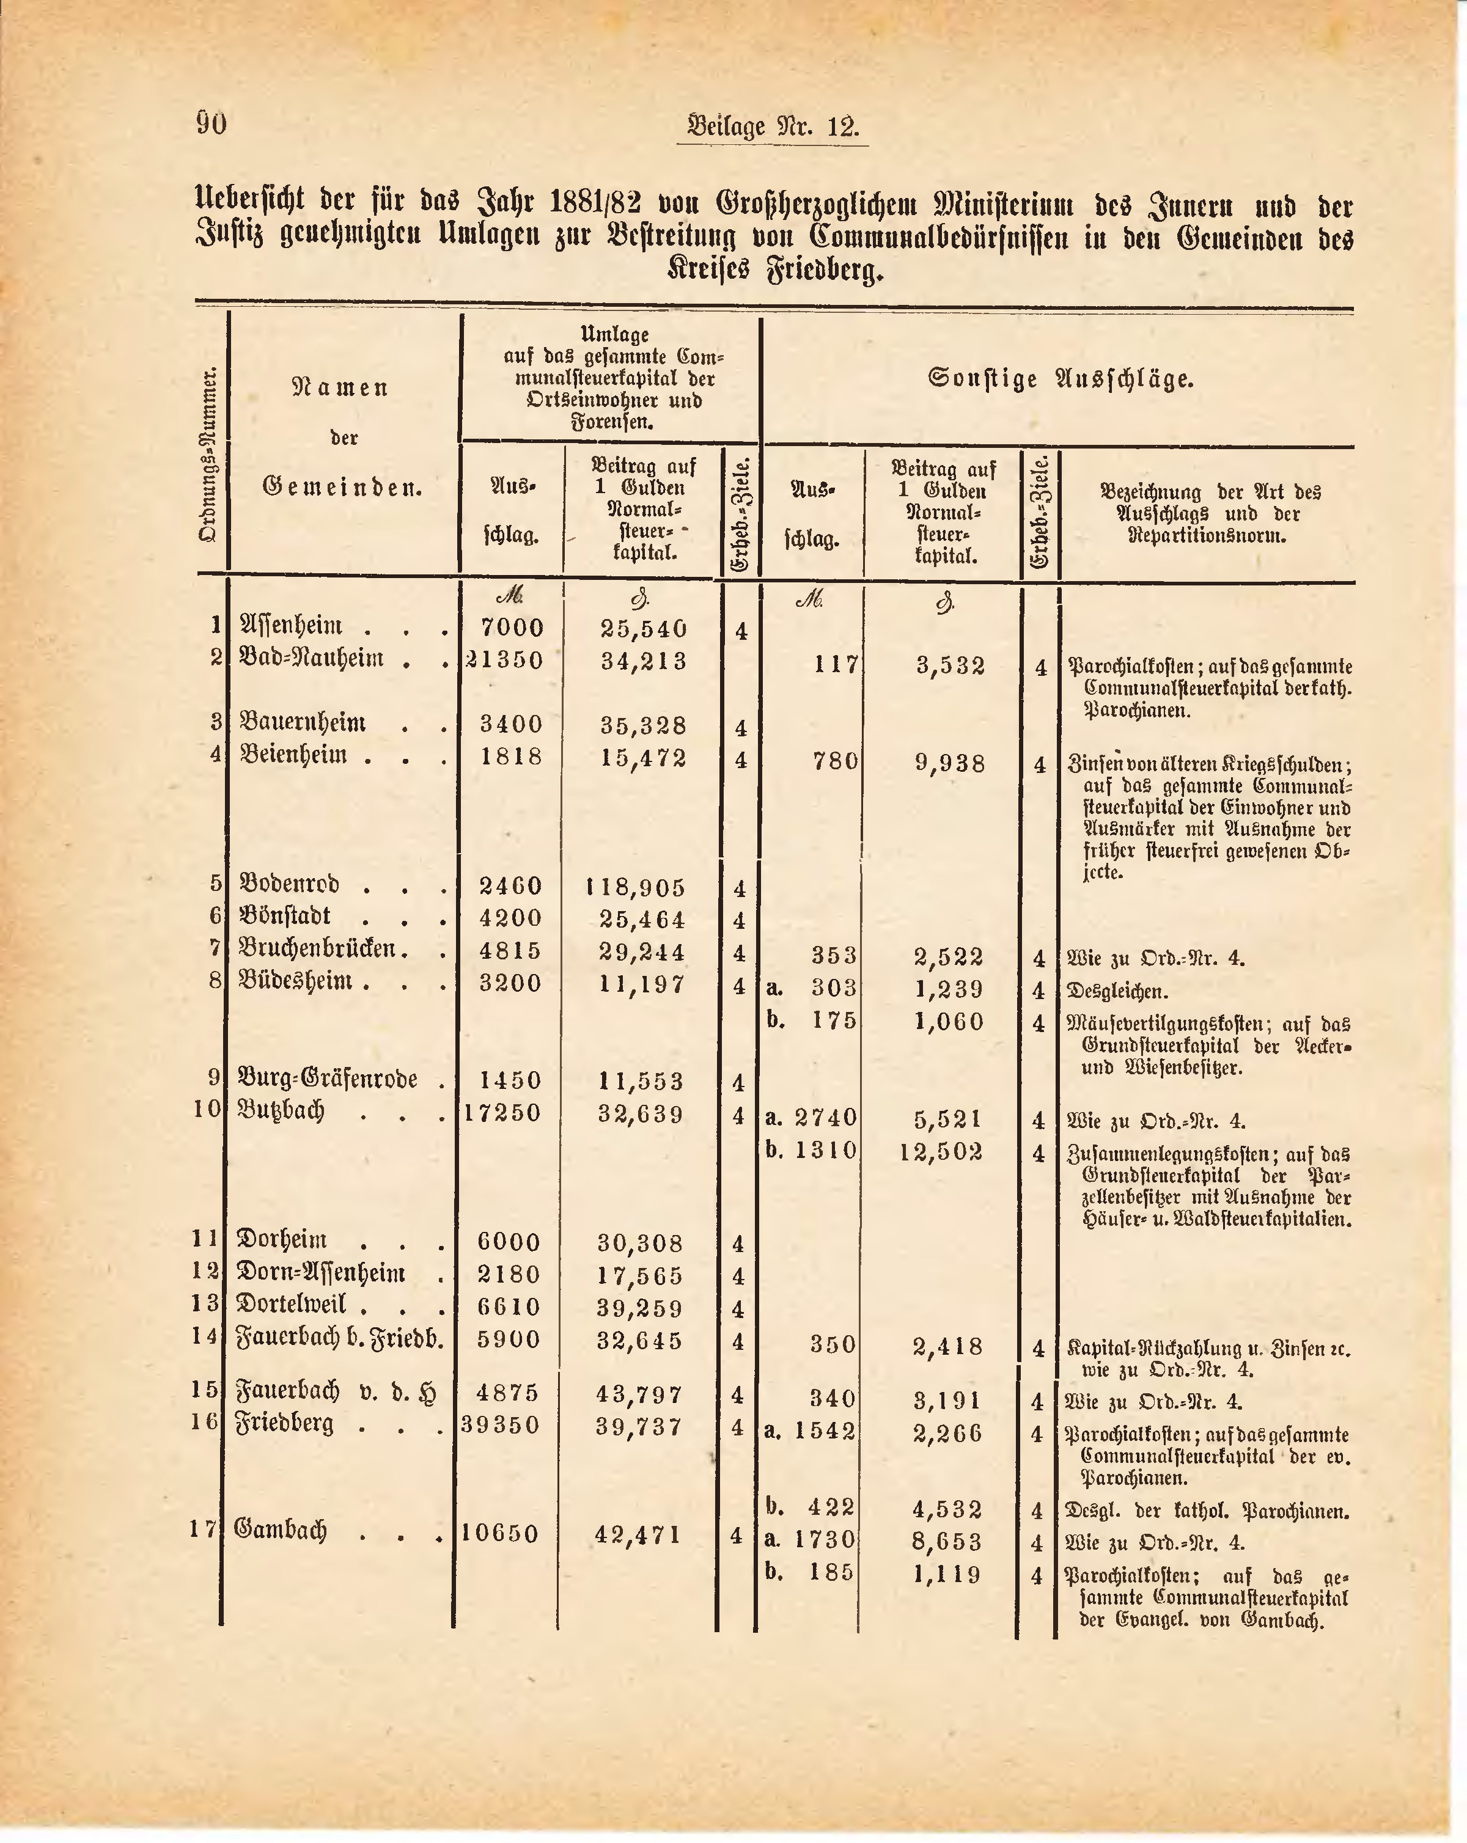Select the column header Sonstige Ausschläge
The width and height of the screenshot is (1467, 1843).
[x=1060, y=379]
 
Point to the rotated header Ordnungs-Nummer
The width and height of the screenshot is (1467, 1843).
[x=208, y=454]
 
